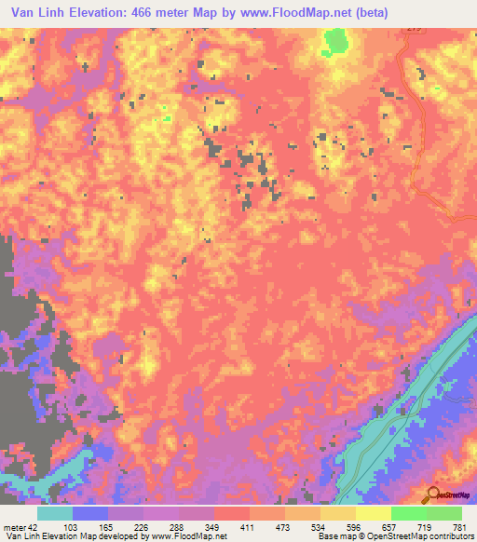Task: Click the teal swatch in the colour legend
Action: coord(55,513)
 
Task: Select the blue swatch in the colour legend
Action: coord(90,513)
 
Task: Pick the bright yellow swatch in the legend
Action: coord(373,513)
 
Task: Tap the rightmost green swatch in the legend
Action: coord(443,513)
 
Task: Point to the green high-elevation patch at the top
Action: coord(334,41)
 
